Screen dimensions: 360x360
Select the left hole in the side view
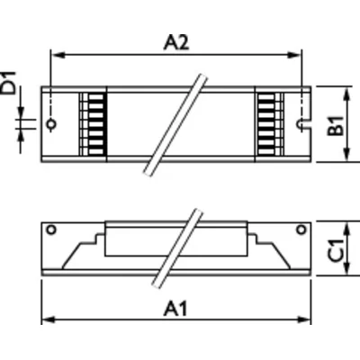click(x=52, y=229)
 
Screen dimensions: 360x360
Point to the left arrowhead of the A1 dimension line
click(x=47, y=319)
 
